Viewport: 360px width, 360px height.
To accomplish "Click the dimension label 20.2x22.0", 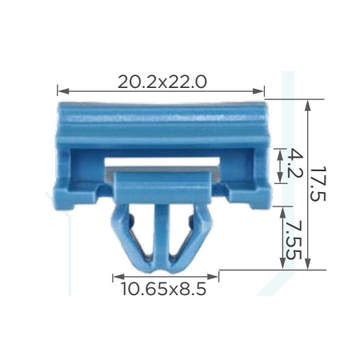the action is pos(162,82).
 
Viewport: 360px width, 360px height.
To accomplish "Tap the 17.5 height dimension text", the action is pos(318,184).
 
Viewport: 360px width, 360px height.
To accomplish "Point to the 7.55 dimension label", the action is pos(294,240).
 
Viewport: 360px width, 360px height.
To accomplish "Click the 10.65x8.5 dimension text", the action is pos(164,289).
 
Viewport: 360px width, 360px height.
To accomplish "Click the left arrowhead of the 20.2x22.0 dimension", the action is pos(63,91).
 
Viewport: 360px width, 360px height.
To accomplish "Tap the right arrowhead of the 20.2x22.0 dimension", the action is pos(258,91).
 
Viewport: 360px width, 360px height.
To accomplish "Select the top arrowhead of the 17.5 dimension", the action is pos(308,106).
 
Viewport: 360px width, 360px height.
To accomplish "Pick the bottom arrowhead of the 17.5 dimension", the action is pos(308,263).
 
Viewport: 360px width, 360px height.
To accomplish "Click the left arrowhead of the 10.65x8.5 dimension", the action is pos(118,277).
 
